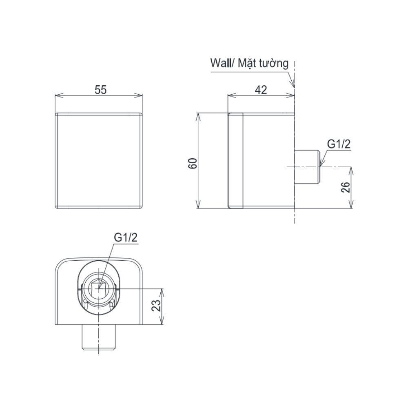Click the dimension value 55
(x=100, y=90)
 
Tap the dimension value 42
(x=261, y=90)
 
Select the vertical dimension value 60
(x=193, y=164)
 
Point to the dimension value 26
(x=346, y=187)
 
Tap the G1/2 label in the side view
(x=339, y=144)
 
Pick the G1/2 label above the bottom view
(x=126, y=237)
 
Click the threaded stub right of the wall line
(x=307, y=167)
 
